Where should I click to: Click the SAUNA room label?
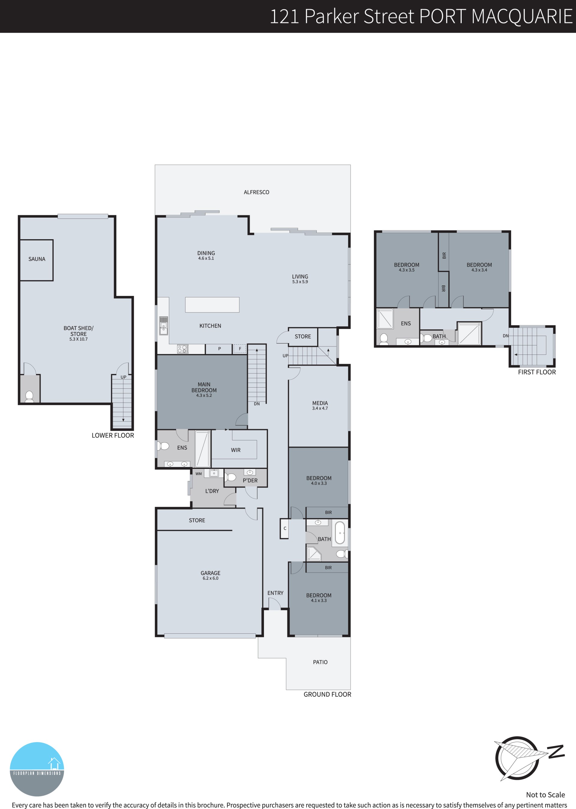pyautogui.click(x=37, y=259)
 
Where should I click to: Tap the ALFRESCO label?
pyautogui.click(x=256, y=192)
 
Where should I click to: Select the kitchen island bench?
pyautogui.click(x=212, y=304)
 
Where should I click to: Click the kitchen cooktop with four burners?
pyautogui.click(x=183, y=349)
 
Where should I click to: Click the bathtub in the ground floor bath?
pyautogui.click(x=340, y=533)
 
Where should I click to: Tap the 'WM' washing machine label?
pyautogui.click(x=199, y=474)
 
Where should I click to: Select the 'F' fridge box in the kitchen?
pyautogui.click(x=240, y=349)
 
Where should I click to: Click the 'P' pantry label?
pyautogui.click(x=220, y=349)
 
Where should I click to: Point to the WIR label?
pyautogui.click(x=236, y=450)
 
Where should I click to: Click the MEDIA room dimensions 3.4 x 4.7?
pyautogui.click(x=320, y=409)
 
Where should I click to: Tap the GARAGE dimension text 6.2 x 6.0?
pyautogui.click(x=211, y=578)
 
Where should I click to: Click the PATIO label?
pyautogui.click(x=320, y=662)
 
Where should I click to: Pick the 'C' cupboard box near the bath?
pyautogui.click(x=284, y=529)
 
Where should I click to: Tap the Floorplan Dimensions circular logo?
pyautogui.click(x=37, y=769)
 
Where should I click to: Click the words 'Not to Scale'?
pyautogui.click(x=545, y=795)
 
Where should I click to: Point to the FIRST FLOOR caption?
pyautogui.click(x=537, y=372)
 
